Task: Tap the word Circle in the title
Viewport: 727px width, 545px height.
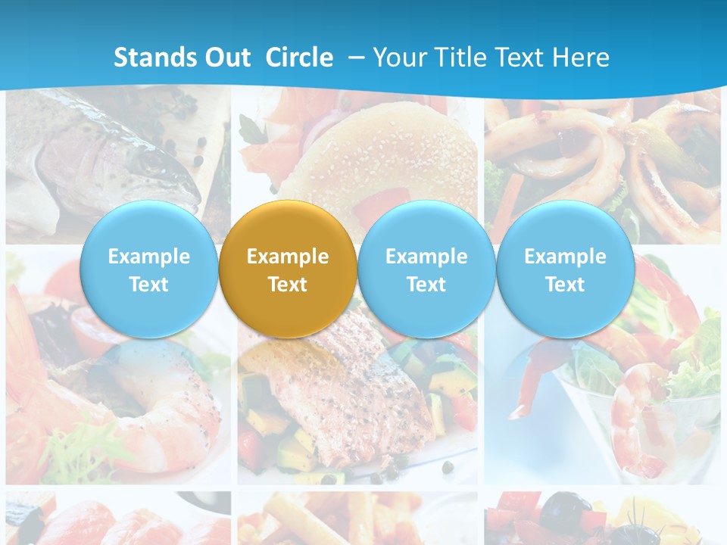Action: [299, 58]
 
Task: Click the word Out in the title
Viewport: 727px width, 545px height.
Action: [225, 58]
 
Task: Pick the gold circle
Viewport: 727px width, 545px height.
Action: [288, 269]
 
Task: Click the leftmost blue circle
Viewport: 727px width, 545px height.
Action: [148, 269]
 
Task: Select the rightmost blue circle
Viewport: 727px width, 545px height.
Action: [565, 269]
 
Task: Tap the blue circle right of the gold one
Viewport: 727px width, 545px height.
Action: [426, 269]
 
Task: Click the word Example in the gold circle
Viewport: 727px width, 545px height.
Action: [288, 257]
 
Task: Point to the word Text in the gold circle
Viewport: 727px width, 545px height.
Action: [288, 285]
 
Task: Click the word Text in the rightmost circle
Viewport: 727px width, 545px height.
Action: [565, 285]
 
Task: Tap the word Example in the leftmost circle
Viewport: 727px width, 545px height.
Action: [148, 257]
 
